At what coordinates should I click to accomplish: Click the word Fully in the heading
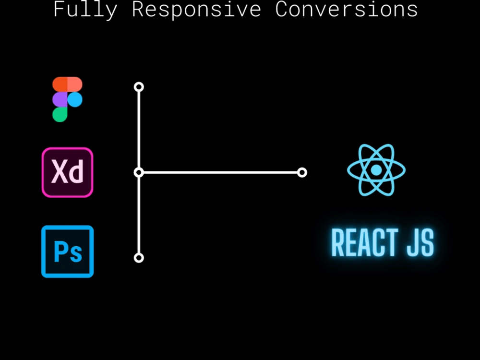pyautogui.click(x=85, y=10)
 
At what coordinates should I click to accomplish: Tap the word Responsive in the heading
pyautogui.click(x=196, y=10)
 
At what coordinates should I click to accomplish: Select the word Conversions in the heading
pyautogui.click(x=347, y=9)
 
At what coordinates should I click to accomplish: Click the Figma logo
pyautogui.click(x=67, y=99)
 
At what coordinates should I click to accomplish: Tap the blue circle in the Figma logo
pyautogui.click(x=75, y=100)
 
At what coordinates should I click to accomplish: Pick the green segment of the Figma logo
pyautogui.click(x=60, y=115)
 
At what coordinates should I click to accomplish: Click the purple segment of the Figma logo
pyautogui.click(x=60, y=100)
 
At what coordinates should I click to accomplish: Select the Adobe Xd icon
pyautogui.click(x=67, y=172)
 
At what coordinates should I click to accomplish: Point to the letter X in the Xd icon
pyautogui.click(x=60, y=171)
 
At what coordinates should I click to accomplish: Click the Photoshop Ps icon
pyautogui.click(x=67, y=252)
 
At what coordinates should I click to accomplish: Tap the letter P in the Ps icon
pyautogui.click(x=60, y=252)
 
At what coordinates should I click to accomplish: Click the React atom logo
pyautogui.click(x=376, y=170)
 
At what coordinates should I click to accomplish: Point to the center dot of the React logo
pyautogui.click(x=376, y=170)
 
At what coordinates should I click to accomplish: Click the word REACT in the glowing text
pyautogui.click(x=365, y=242)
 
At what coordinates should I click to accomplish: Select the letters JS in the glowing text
pyautogui.click(x=420, y=242)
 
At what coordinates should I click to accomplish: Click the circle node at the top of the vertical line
pyautogui.click(x=139, y=87)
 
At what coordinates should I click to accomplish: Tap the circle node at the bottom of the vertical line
pyautogui.click(x=139, y=258)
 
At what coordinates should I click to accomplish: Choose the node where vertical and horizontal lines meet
pyautogui.click(x=139, y=173)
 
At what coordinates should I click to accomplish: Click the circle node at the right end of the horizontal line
pyautogui.click(x=302, y=173)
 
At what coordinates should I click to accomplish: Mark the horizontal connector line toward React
pyautogui.click(x=220, y=173)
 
